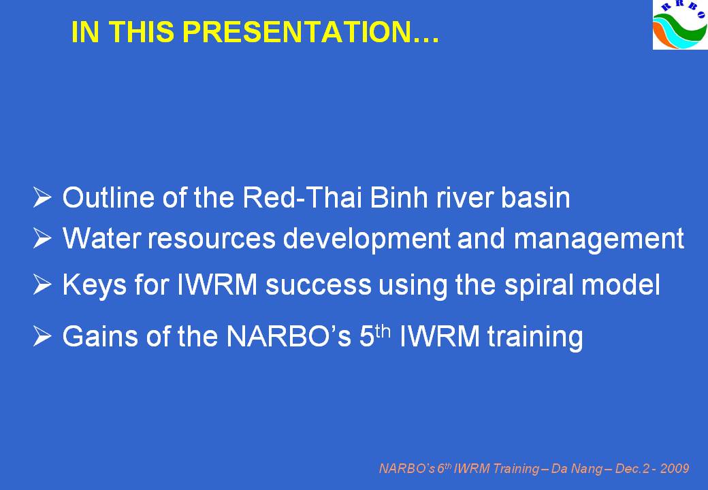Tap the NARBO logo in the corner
[680, 24]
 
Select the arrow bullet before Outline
[42, 197]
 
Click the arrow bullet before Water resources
[42, 238]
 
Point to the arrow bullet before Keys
[42, 284]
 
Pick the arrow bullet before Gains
[42, 336]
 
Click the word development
[366, 239]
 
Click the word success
[319, 286]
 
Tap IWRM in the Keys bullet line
[218, 284]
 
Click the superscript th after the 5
[383, 331]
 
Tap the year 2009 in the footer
[675, 469]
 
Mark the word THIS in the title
[141, 31]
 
